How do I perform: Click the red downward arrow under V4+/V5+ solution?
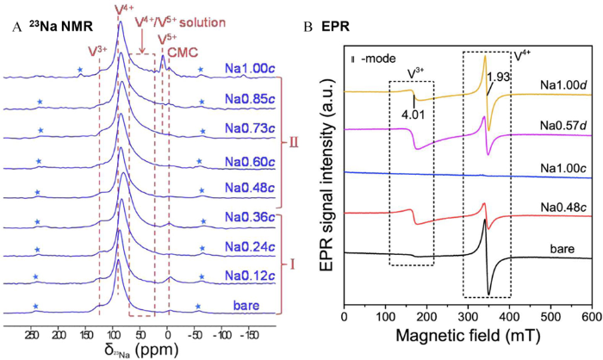coord(142,42)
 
